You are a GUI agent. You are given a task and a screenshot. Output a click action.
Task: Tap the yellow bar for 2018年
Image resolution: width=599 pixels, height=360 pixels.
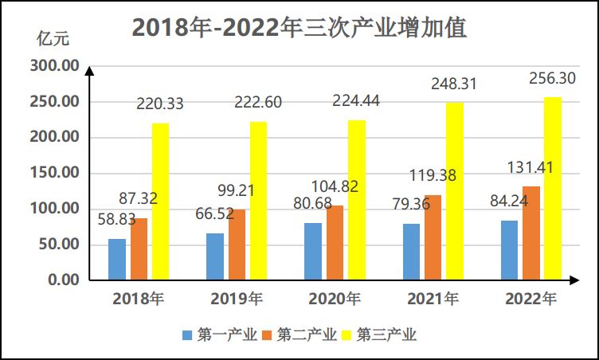(160, 202)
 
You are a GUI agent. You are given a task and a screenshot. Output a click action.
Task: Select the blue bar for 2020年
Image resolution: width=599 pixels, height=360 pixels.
(313, 251)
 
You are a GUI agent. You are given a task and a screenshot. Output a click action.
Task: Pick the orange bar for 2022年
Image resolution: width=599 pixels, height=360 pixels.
(530, 233)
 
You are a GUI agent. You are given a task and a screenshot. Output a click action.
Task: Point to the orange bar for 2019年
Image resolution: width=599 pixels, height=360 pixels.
(237, 245)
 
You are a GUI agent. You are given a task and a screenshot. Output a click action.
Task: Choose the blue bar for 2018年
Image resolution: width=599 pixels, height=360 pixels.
(117, 259)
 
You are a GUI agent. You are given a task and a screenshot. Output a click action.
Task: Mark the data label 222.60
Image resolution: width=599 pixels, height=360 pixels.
(257, 103)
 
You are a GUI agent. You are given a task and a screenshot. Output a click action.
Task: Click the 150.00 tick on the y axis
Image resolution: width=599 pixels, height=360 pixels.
(55, 173)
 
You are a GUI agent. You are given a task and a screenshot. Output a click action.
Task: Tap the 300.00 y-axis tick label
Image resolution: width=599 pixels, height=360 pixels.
(55, 66)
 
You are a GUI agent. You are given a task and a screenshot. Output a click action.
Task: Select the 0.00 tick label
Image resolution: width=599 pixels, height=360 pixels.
(63, 280)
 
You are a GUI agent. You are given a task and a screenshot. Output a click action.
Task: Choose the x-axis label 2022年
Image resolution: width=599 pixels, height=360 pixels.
(531, 299)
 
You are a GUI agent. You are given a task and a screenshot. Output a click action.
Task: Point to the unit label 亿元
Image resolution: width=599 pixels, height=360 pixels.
(49, 37)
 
